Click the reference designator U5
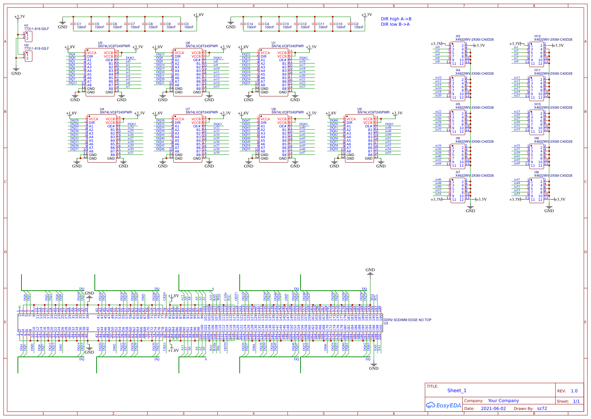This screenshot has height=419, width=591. tap(100, 43)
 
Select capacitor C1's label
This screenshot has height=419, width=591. tap(79, 24)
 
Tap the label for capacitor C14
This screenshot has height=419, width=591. tap(250, 24)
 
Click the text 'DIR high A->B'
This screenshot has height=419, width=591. tap(396, 19)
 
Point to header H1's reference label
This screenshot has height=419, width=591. tap(26, 26)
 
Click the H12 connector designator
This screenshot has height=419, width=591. tap(537, 36)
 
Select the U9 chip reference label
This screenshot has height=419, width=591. tap(360, 109)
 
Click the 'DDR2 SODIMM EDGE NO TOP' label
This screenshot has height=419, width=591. tap(407, 320)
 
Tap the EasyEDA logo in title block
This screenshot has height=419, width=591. tap(443, 405)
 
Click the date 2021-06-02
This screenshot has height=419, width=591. tap(493, 408)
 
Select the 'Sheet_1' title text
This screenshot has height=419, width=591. tap(456, 390)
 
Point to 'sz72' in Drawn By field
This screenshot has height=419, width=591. tap(542, 408)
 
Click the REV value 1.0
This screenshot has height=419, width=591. tap(574, 391)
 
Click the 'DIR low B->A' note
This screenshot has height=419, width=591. tap(395, 24)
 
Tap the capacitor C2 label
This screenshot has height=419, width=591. tap(356, 24)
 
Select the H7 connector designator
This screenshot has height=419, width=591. tap(458, 172)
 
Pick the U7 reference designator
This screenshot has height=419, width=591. tap(188, 109)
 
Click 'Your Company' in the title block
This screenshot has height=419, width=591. tap(503, 400)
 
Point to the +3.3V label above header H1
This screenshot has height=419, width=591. tap(20, 16)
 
